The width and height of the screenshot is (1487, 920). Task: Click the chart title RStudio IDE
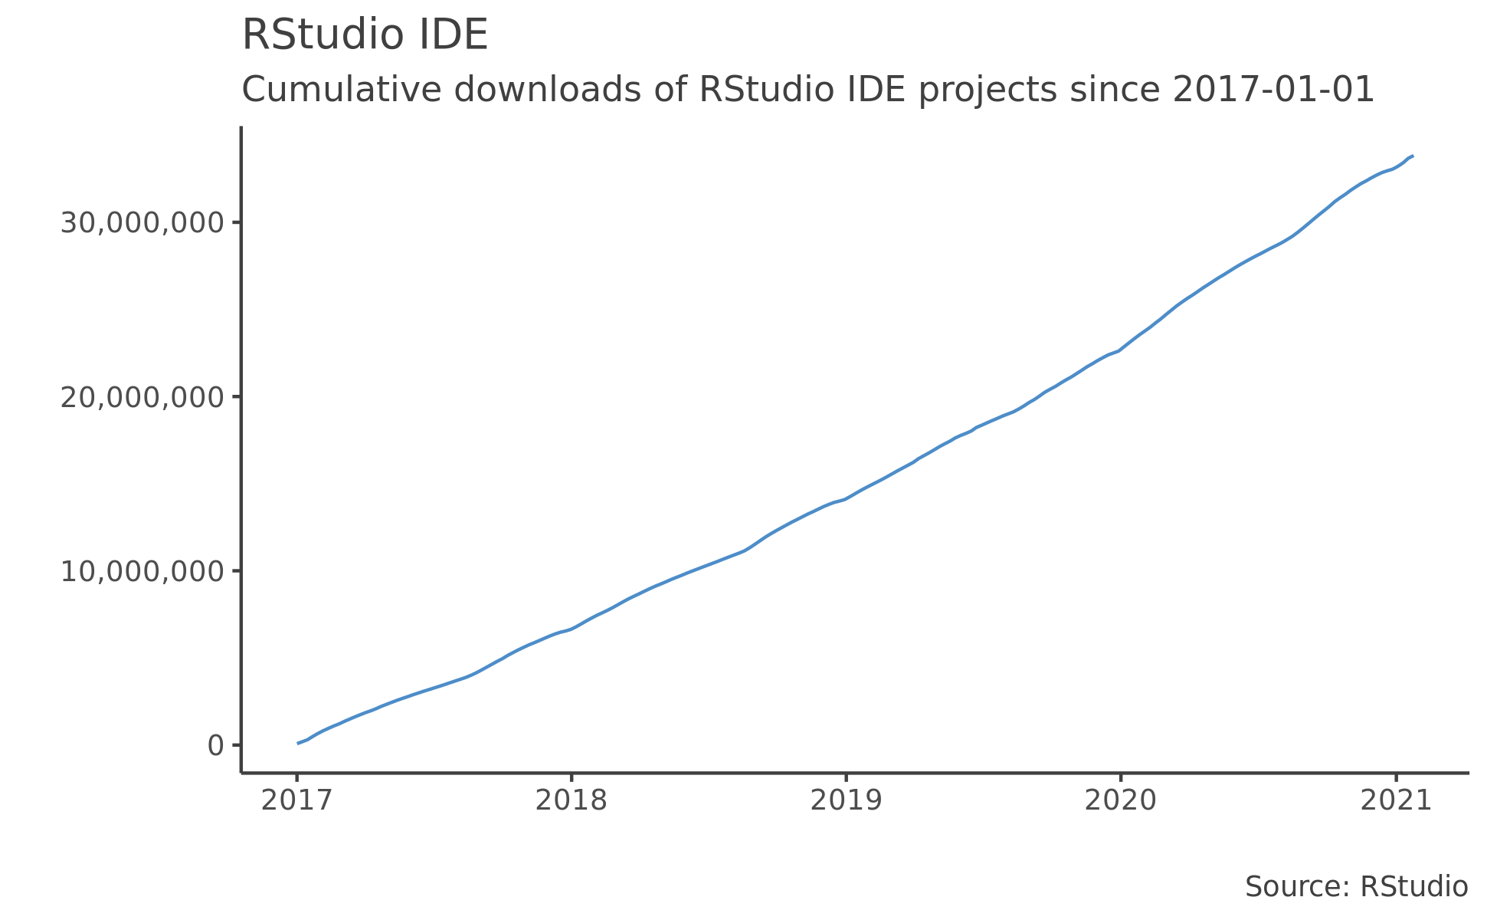(365, 36)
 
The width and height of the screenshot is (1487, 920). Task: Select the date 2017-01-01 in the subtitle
(1273, 90)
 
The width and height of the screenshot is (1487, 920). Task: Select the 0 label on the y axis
(215, 745)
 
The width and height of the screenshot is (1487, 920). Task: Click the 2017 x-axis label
(296, 800)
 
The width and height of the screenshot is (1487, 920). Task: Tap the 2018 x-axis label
(571, 800)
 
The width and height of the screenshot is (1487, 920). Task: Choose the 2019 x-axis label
(846, 800)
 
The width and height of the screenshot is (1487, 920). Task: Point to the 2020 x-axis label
(1120, 800)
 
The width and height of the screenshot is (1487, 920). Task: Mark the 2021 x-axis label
(1395, 800)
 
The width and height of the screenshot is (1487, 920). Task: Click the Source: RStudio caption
(1356, 887)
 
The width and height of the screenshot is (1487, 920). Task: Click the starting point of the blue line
(298, 743)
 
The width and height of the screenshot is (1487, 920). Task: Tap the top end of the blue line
(1412, 156)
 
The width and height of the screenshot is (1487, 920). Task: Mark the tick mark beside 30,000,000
(237, 223)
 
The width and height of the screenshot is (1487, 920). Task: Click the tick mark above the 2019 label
(846, 777)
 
